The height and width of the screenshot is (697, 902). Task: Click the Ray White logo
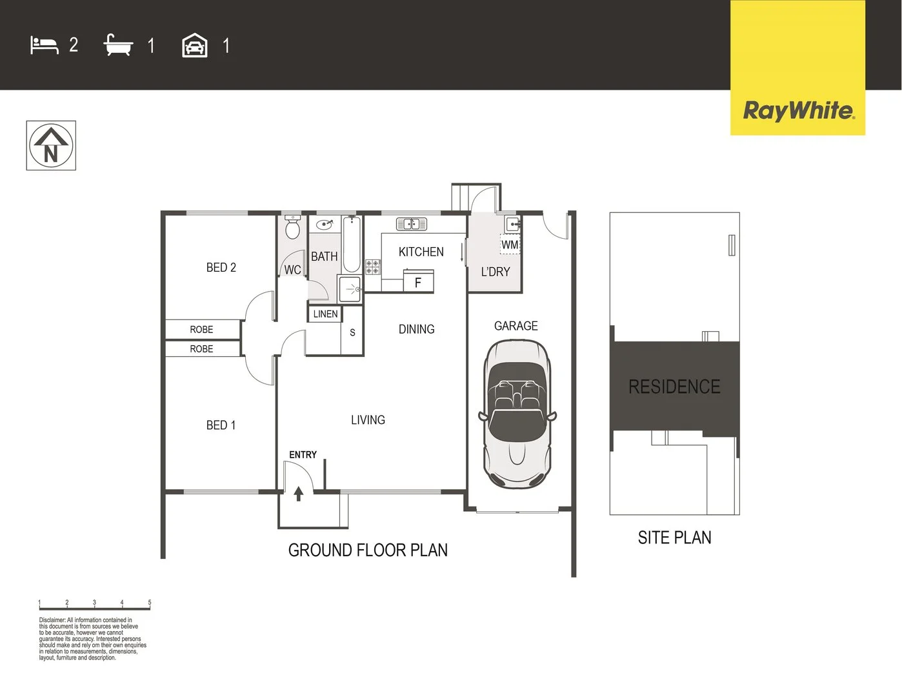[x=798, y=110]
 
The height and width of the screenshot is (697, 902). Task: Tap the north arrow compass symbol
[x=51, y=146]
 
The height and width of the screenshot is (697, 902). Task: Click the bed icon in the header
[x=45, y=45]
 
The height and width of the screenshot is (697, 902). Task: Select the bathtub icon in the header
[x=118, y=45]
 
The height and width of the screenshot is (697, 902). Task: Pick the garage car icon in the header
[x=195, y=46]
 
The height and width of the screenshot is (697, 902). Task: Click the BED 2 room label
[x=221, y=267]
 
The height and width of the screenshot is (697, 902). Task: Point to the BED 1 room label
[x=221, y=425]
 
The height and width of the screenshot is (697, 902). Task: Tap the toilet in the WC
[x=292, y=228]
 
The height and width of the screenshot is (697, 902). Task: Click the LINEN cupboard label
[x=325, y=314]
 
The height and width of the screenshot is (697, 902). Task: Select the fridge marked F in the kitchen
[x=418, y=282]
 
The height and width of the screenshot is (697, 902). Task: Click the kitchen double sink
[x=411, y=224]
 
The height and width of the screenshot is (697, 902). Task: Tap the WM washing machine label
[x=510, y=245]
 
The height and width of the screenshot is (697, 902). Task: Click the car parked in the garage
[x=517, y=413]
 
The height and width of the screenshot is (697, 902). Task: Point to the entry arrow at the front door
[x=298, y=494]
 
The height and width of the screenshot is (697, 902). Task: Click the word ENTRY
[x=303, y=455]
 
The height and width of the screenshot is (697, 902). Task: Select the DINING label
[x=416, y=329]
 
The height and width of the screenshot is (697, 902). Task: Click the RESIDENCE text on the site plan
[x=674, y=387]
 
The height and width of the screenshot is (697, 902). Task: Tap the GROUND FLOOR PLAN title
[x=368, y=551]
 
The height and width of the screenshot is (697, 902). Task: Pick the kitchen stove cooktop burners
[x=373, y=267]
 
